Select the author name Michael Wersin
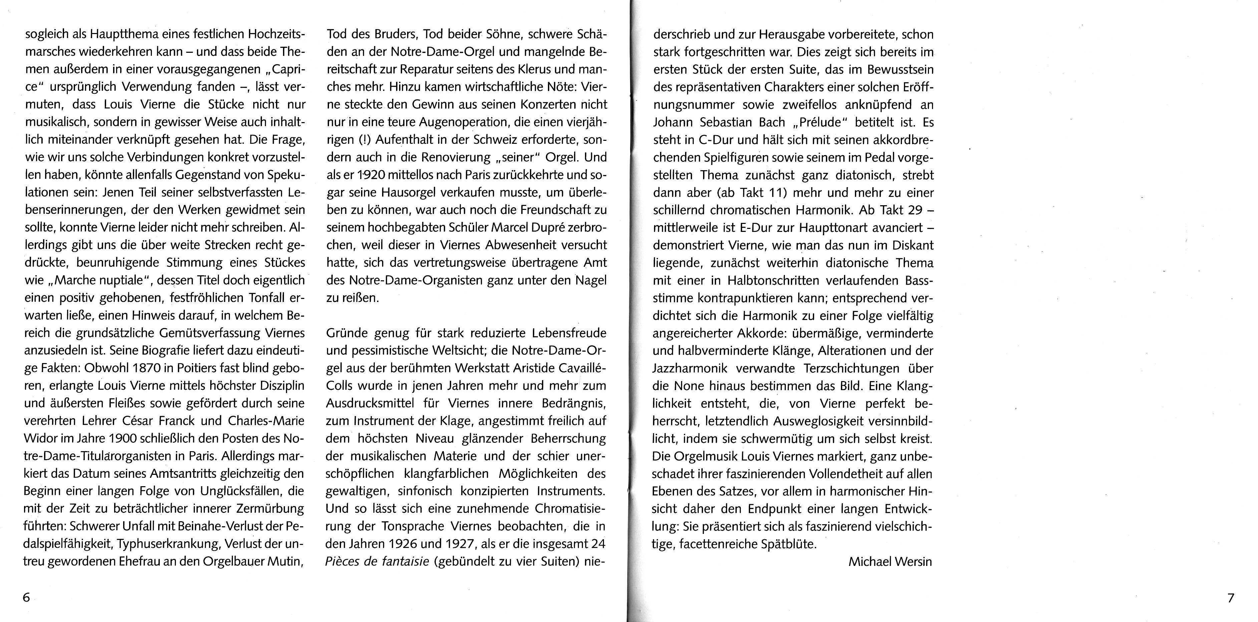coord(890,562)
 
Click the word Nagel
coord(590,281)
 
